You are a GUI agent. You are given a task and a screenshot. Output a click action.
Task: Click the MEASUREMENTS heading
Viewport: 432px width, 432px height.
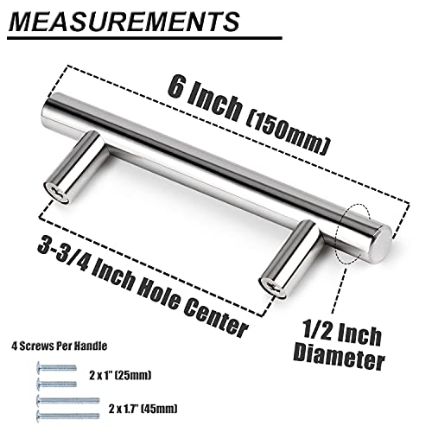(124, 22)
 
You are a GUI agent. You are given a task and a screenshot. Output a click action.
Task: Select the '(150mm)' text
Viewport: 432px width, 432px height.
(288, 134)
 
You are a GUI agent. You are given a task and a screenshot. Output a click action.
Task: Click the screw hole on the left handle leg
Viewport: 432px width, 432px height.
(57, 193)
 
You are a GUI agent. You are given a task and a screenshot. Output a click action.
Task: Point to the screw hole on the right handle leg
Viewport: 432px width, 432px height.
(272, 287)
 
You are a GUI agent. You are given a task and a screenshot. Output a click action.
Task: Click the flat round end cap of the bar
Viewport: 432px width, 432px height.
(379, 244)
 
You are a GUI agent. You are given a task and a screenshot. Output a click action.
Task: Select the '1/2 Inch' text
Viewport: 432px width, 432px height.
(342, 333)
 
